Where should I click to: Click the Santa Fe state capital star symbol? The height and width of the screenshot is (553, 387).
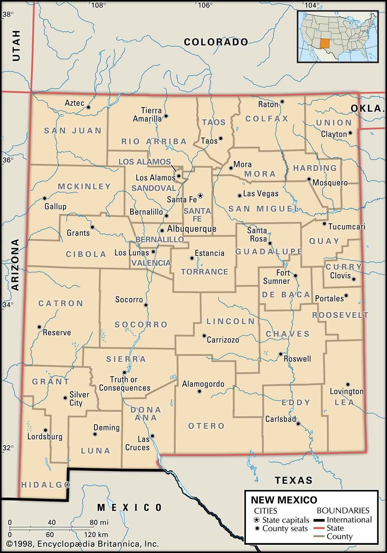(200, 196)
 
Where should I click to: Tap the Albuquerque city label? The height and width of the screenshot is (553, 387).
(191, 229)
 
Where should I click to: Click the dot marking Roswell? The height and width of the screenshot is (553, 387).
(281, 354)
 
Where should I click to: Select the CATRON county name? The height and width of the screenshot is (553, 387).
(61, 303)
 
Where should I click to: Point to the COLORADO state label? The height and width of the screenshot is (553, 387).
(216, 42)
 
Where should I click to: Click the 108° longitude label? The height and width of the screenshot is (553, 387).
(98, 5)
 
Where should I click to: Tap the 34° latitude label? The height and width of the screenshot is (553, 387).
(8, 305)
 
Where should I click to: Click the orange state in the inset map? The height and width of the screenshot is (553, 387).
(324, 44)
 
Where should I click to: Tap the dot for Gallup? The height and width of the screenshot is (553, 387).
(44, 198)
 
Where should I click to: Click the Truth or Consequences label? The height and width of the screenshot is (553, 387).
(125, 384)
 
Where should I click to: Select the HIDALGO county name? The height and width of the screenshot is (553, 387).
(46, 485)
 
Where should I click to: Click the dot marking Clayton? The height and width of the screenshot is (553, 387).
(350, 133)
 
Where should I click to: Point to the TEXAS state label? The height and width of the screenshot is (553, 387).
(294, 480)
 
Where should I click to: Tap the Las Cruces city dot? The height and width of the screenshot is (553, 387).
(152, 436)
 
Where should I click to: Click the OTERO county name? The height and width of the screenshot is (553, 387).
(206, 426)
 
